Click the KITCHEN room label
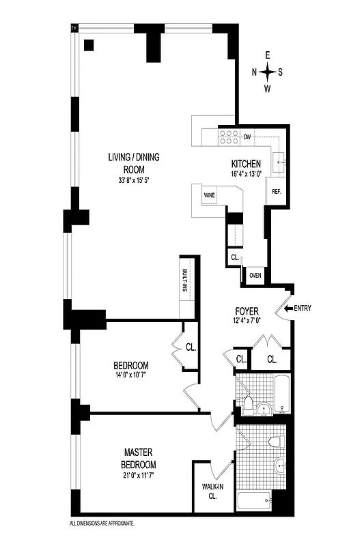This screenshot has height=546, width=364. (x=247, y=164)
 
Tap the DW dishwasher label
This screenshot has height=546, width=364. (x=247, y=137)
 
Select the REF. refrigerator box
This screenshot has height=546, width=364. (x=277, y=192)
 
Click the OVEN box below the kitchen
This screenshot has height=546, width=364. (x=255, y=275)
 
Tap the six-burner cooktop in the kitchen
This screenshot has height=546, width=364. (x=229, y=137)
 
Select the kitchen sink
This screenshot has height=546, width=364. (x=281, y=162)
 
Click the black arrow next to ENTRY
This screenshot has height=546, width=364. (x=290, y=308)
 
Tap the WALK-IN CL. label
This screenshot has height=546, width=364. (x=209, y=491)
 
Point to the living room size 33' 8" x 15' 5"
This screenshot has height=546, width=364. (x=133, y=181)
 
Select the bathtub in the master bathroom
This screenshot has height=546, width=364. (x=254, y=504)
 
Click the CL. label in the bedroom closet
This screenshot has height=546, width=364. (x=191, y=347)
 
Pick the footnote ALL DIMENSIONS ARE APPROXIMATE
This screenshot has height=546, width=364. (x=102, y=523)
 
